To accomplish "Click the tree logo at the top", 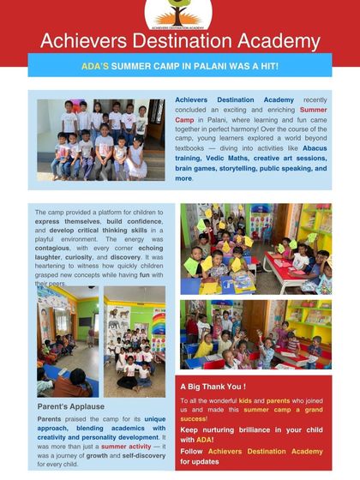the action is point(178,12).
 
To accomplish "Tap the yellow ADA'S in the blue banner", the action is point(94,65).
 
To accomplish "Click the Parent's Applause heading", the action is point(70,406).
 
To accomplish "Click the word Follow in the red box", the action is point(192,451).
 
